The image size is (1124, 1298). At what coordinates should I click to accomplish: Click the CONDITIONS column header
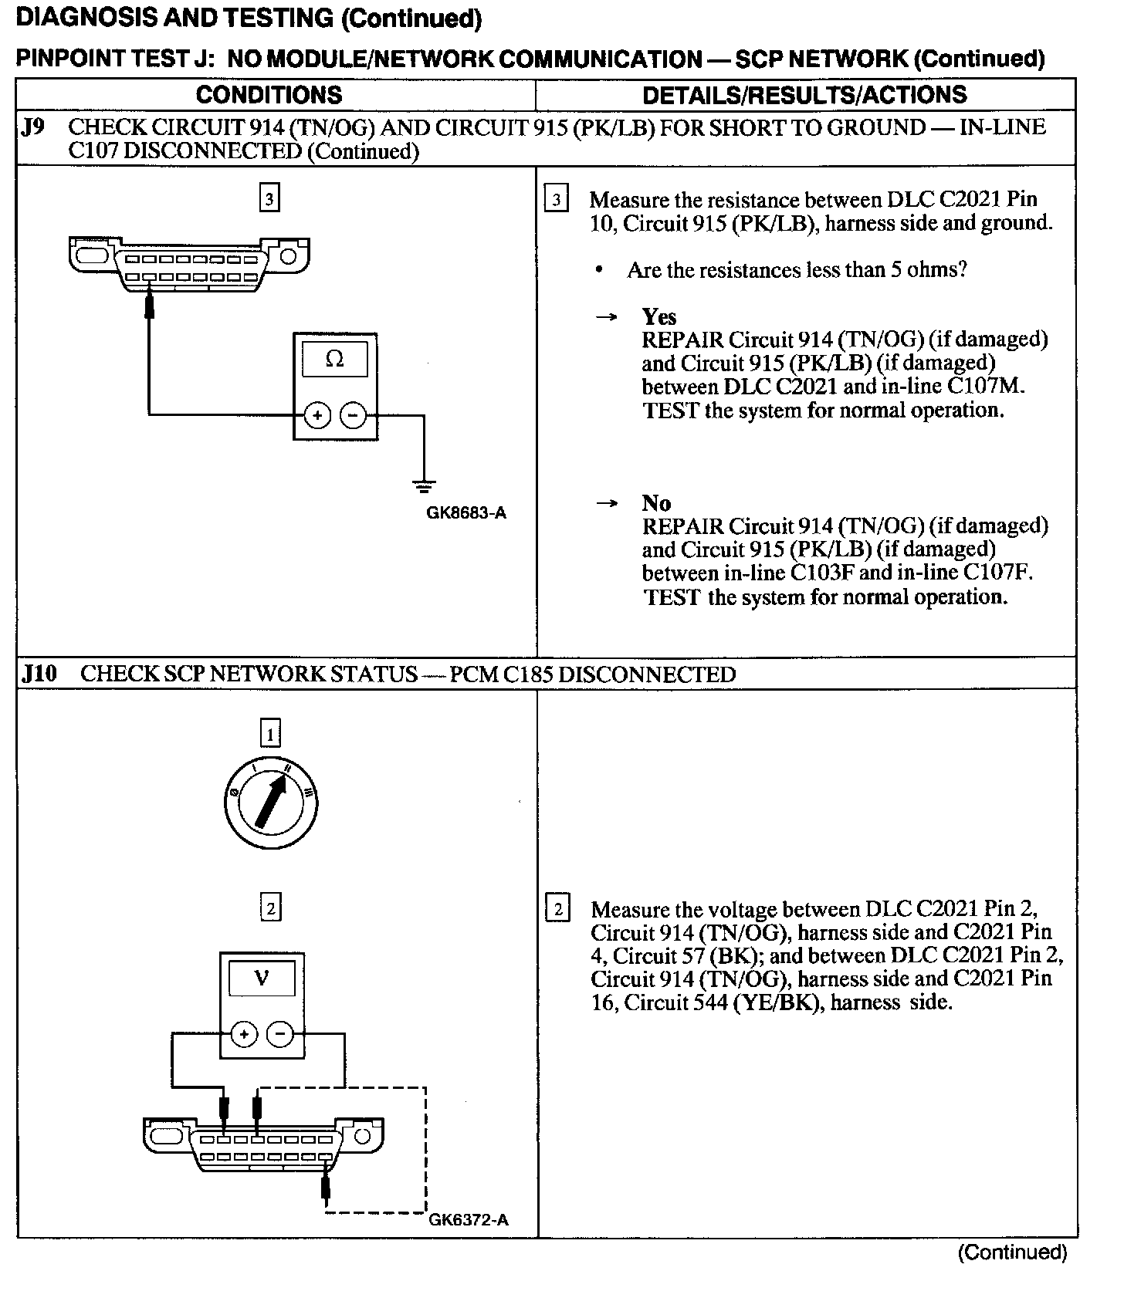coord(269,95)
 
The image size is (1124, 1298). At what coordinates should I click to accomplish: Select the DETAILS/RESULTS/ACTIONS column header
coord(804,95)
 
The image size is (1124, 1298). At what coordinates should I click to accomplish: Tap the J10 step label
coord(39,674)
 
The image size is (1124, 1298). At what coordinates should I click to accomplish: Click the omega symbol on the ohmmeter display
coord(335,359)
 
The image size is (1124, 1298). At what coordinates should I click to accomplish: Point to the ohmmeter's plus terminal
coord(317,415)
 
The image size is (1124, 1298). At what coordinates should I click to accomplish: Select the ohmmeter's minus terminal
coord(354,415)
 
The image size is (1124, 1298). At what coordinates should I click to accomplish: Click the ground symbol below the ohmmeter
coord(424,486)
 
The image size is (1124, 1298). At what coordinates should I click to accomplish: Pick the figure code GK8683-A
coord(466,512)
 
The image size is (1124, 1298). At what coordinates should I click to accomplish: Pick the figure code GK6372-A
coord(468,1220)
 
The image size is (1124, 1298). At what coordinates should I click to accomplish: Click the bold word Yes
coord(658,316)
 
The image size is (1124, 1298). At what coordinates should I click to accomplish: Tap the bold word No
coord(655,503)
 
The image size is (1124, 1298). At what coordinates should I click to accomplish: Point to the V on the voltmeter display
coord(262,979)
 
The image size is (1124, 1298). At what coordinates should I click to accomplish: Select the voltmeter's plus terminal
coord(244,1034)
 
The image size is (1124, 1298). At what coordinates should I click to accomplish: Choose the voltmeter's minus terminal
coord(280,1034)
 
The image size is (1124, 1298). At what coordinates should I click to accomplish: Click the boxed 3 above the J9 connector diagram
coord(269,199)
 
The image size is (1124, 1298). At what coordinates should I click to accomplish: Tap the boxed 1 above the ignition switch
coord(270,734)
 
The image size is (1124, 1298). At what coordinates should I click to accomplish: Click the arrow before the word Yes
coord(608,316)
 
